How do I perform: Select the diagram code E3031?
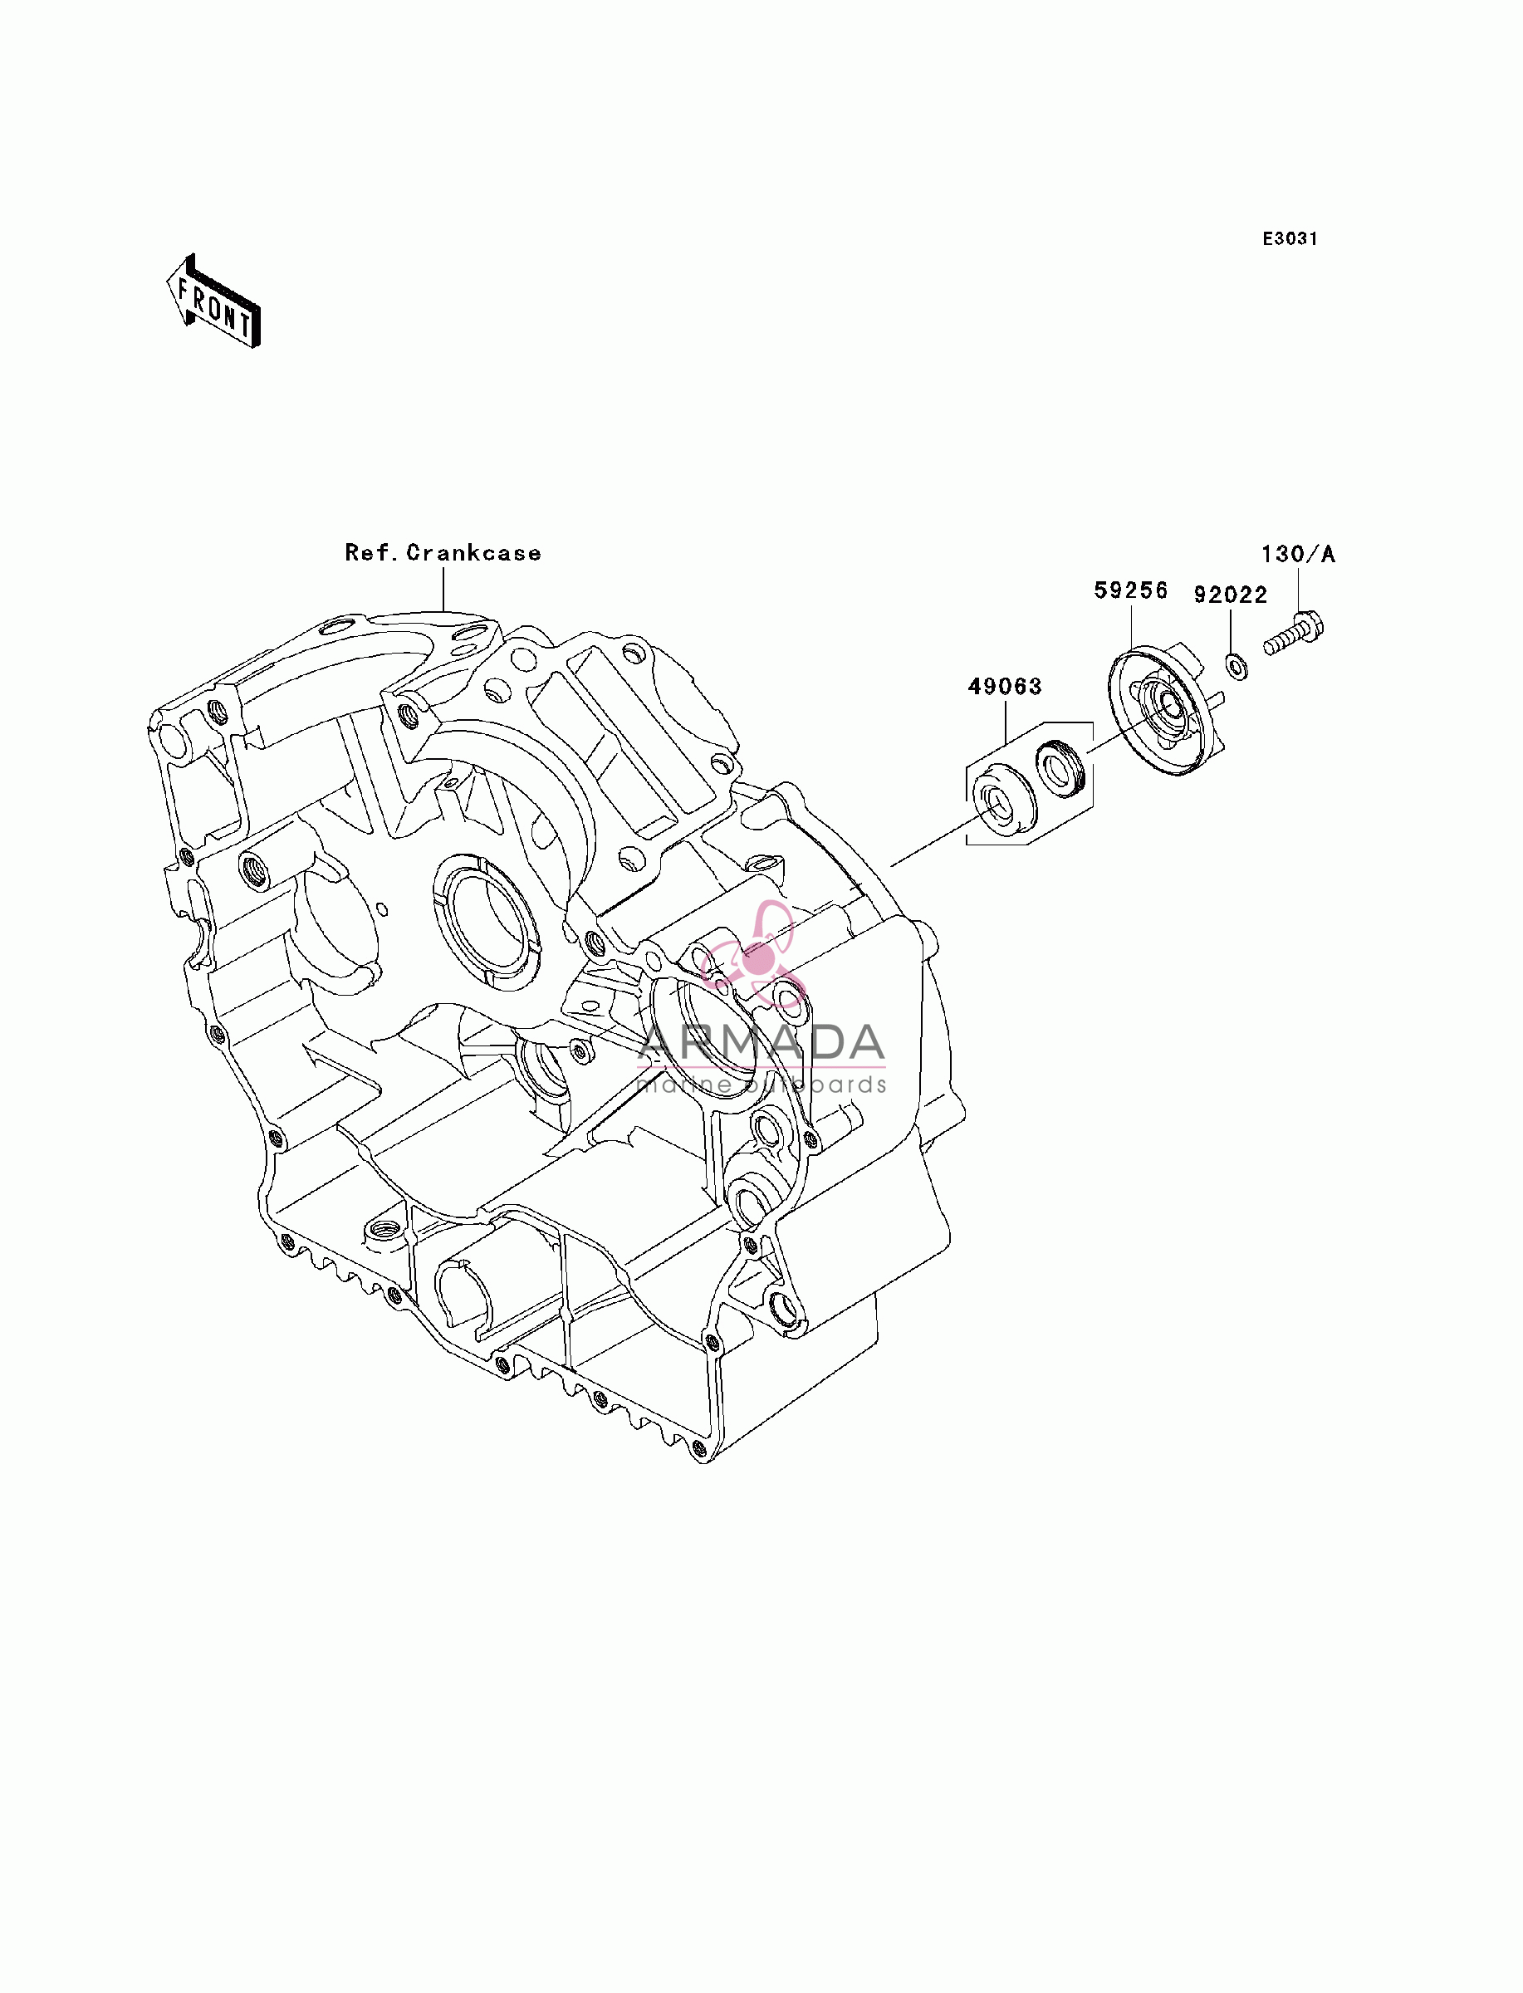tap(1290, 238)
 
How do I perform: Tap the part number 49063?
tap(1005, 687)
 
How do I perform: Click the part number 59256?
tap(1130, 591)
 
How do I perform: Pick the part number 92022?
tap(1230, 595)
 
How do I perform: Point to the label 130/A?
tap(1298, 554)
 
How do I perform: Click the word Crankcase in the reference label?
tap(473, 553)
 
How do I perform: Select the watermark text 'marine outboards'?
tap(761, 1084)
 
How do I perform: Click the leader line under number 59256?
tap(1131, 626)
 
